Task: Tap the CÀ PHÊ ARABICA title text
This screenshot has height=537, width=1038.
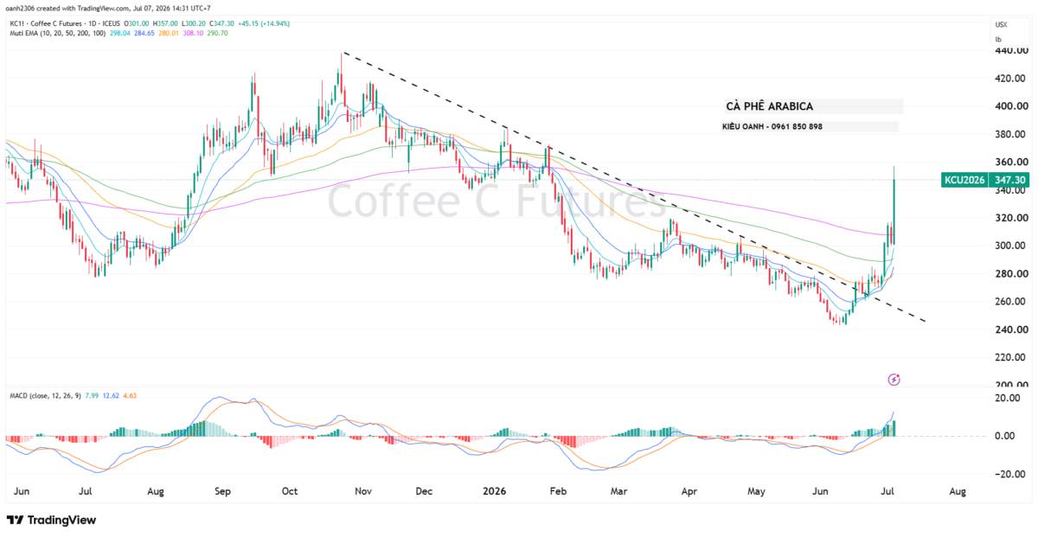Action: (x=769, y=106)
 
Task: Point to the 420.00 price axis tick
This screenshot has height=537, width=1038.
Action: (x=1009, y=79)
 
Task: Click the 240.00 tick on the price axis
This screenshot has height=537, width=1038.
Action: (x=1009, y=329)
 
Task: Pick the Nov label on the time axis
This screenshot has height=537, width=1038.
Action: (x=362, y=491)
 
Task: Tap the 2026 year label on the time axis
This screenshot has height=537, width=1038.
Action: (x=494, y=491)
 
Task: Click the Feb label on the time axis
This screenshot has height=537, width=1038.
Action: (x=558, y=491)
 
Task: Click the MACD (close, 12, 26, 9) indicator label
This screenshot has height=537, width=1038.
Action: (x=45, y=396)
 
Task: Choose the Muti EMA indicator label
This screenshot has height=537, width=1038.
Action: (x=58, y=34)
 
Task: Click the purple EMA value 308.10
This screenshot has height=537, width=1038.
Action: (x=193, y=34)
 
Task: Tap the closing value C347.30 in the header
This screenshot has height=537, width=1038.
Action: (x=221, y=23)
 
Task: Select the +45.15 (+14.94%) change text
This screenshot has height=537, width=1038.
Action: (x=264, y=23)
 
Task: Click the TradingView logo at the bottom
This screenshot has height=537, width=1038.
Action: (x=51, y=520)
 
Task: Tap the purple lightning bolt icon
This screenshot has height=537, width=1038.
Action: (x=894, y=380)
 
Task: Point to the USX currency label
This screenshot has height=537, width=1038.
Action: (x=1001, y=24)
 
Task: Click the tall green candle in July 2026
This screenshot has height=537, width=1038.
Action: (x=894, y=204)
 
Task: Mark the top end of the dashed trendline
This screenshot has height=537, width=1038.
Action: (x=343, y=53)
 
